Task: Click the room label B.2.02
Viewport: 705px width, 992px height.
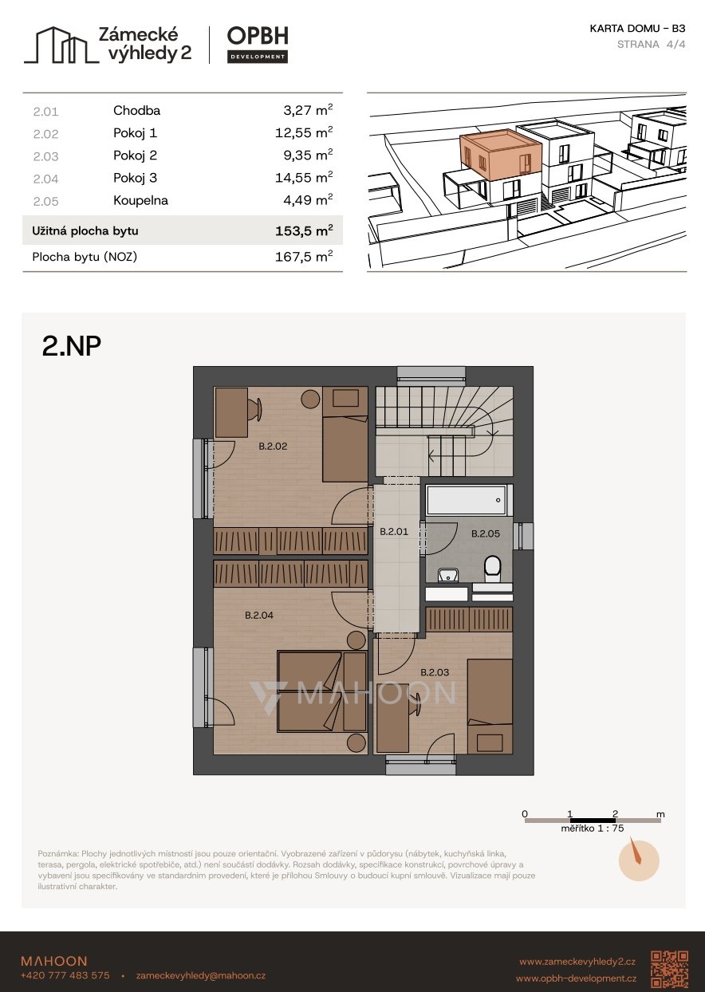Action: click(273, 446)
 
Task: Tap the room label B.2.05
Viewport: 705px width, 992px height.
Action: click(486, 533)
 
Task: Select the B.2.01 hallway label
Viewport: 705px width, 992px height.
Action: click(394, 531)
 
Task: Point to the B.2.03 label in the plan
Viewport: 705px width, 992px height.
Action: click(435, 672)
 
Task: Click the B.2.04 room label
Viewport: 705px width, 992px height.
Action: click(259, 615)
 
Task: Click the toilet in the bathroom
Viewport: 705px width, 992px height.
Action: click(492, 569)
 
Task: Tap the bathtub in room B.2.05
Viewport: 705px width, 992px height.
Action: click(466, 501)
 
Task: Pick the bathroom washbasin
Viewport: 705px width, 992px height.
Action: click(448, 575)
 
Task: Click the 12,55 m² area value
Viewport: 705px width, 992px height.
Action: click(304, 132)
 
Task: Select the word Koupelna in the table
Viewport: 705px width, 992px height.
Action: click(141, 200)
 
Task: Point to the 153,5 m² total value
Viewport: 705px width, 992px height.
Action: click(304, 230)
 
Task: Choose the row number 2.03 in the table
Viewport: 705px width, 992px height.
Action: click(45, 156)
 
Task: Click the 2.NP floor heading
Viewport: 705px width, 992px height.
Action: click(71, 346)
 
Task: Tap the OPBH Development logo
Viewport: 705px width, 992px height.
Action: click(258, 45)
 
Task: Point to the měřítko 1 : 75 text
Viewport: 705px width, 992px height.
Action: click(592, 828)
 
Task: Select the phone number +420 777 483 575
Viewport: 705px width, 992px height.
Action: click(65, 975)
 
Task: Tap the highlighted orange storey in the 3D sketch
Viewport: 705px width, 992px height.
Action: click(500, 154)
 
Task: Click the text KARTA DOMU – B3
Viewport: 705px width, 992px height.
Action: click(637, 29)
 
